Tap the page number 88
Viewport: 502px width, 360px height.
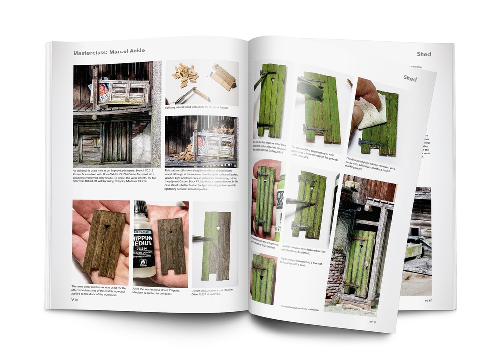click(75, 299)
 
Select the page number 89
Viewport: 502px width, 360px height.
click(373, 322)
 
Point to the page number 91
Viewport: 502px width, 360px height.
click(428, 300)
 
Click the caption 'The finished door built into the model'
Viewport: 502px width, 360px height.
click(300, 307)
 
